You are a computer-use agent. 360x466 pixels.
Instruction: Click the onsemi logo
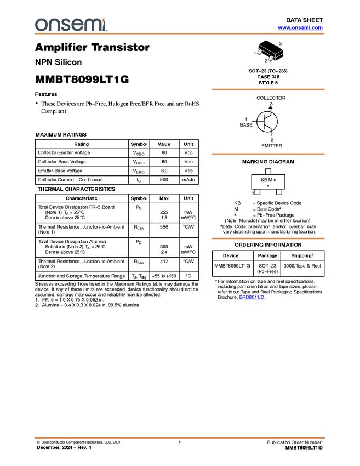(71, 25)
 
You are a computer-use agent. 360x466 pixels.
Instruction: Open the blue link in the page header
(300, 27)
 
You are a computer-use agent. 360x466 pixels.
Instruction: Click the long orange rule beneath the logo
(180, 34)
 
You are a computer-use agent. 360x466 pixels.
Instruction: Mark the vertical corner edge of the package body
(275, 56)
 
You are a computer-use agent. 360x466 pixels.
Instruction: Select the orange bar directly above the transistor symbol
(268, 89)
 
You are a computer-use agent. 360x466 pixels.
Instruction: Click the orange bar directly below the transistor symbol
(268, 154)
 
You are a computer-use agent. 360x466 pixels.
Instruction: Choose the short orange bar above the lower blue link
(268, 238)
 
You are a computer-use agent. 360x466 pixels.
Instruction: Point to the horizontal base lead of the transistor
(260, 122)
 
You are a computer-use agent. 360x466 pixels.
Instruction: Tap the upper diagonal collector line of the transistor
(268, 117)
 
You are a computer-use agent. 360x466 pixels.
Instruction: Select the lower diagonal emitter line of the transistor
(268, 127)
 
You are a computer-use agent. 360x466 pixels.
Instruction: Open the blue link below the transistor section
(252, 297)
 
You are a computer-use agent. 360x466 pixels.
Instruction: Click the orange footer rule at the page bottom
(180, 438)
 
